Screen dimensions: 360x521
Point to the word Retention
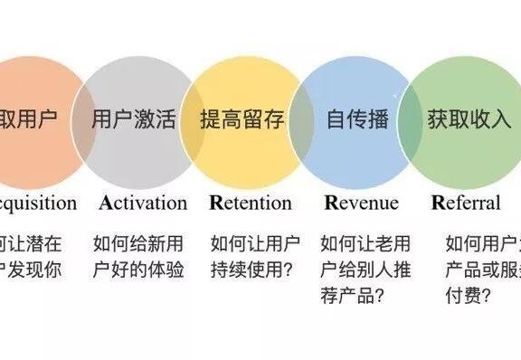click(x=250, y=203)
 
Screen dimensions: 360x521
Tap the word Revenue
click(x=360, y=203)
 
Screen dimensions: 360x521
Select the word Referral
click(x=465, y=203)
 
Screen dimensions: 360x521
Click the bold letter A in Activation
click(x=106, y=203)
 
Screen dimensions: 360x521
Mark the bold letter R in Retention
click(x=215, y=203)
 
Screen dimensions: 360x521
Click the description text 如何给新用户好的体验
click(x=138, y=257)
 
